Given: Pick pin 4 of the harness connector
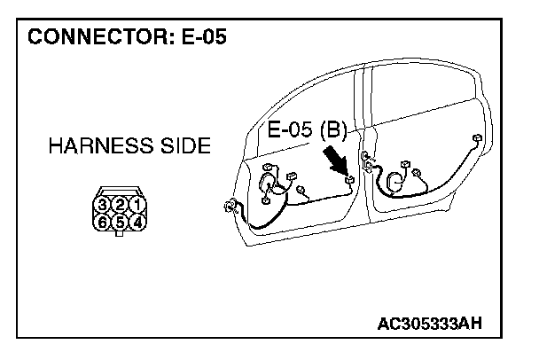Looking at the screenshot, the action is click(x=136, y=222).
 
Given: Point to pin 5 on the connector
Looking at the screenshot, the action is click(x=120, y=222).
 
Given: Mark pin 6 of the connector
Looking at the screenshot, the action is click(x=104, y=222).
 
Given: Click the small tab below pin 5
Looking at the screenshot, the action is click(x=120, y=234).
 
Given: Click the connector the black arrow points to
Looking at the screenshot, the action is click(x=349, y=183).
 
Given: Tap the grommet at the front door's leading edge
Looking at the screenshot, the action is click(x=232, y=208).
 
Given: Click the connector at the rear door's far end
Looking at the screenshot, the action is click(x=478, y=138).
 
